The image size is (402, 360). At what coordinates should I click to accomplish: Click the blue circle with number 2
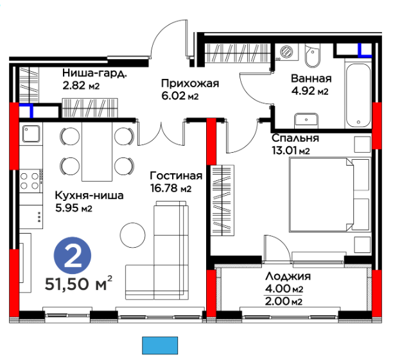[73, 255]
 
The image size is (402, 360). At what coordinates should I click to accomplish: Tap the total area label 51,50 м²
[79, 284]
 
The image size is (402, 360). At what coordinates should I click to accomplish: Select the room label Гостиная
[176, 176]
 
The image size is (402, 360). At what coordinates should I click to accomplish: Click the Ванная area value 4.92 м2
[310, 91]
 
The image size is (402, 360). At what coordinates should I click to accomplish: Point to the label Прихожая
[190, 83]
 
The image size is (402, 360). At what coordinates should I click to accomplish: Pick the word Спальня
[295, 138]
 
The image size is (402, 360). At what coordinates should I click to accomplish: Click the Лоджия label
[288, 277]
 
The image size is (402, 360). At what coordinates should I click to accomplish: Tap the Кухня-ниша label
[89, 196]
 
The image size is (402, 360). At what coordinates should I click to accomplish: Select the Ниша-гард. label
[94, 73]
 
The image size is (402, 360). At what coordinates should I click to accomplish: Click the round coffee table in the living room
[132, 235]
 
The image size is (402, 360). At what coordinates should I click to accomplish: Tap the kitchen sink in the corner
[31, 133]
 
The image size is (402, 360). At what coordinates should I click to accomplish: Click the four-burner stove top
[31, 180]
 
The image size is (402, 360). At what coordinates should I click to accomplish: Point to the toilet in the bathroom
[312, 55]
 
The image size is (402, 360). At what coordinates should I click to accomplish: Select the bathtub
[358, 96]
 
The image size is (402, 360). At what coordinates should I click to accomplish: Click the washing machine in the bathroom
[286, 52]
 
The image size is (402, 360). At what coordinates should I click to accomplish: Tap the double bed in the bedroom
[330, 194]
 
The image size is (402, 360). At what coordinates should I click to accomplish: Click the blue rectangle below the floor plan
[160, 346]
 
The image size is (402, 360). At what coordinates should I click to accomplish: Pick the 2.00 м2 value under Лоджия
[284, 301]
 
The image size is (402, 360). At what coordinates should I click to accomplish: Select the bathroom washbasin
[306, 121]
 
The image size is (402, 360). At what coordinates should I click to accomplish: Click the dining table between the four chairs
[97, 151]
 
